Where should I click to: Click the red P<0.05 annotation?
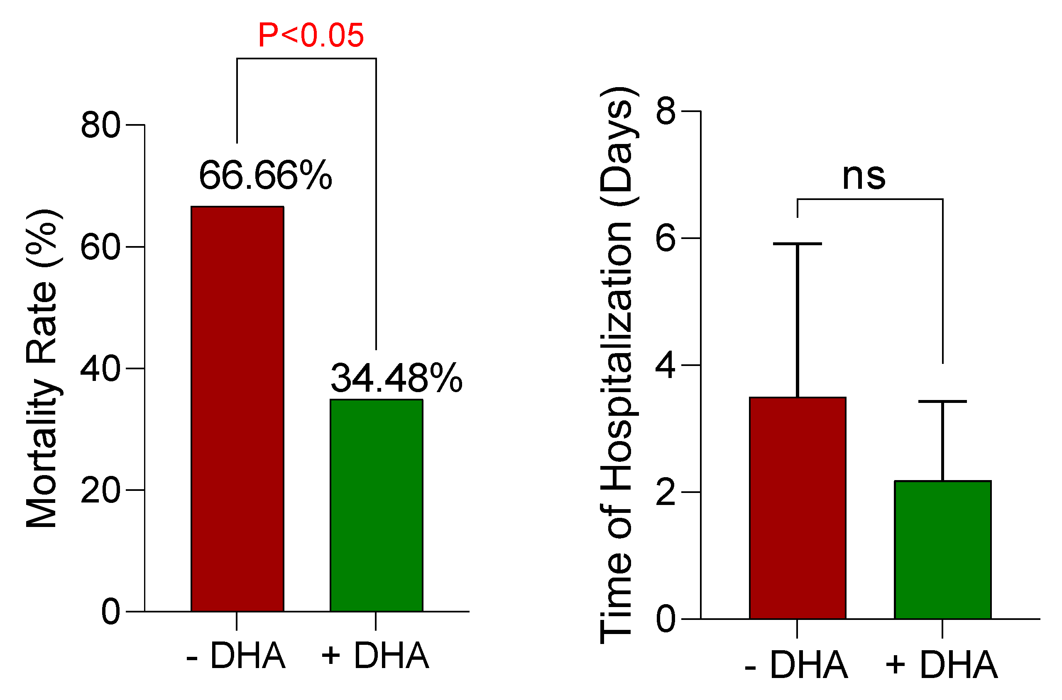click(x=311, y=36)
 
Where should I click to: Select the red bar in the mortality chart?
click(x=237, y=408)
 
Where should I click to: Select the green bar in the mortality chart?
click(x=377, y=505)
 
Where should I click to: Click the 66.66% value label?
click(x=265, y=176)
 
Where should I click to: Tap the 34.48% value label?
click(x=396, y=378)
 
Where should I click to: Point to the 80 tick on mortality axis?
click(x=100, y=125)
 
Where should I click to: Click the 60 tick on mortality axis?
click(x=100, y=247)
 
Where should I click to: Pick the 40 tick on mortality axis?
click(x=100, y=369)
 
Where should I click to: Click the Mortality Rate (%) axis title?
click(x=42, y=369)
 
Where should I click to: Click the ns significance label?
click(x=863, y=177)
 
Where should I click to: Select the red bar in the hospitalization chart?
click(x=798, y=508)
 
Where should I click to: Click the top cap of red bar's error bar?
click(x=798, y=244)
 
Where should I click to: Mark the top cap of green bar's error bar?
click(x=943, y=401)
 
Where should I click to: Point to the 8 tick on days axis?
click(x=666, y=112)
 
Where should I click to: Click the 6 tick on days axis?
click(x=666, y=239)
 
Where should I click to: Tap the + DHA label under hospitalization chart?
click(x=942, y=665)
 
